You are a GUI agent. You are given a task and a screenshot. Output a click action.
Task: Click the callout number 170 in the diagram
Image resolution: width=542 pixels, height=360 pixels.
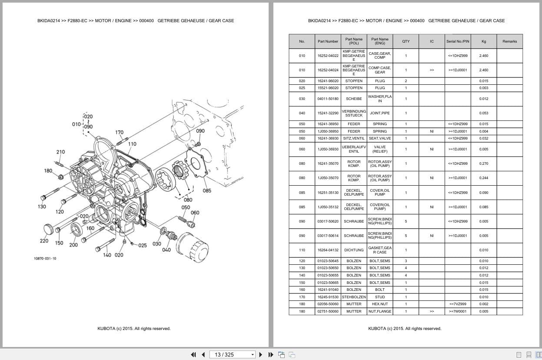[x=119, y=132]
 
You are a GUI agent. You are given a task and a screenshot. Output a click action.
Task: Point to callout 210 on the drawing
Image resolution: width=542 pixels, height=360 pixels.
[x=60, y=152]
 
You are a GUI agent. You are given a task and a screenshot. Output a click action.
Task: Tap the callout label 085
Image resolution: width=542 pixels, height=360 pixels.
[x=207, y=190]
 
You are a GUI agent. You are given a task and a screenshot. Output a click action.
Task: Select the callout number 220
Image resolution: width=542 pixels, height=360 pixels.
[x=44, y=241]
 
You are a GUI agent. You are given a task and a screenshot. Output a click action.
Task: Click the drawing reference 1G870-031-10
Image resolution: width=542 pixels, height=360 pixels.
[x=45, y=258]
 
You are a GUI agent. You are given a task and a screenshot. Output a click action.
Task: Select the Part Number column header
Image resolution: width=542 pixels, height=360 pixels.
[x=328, y=41]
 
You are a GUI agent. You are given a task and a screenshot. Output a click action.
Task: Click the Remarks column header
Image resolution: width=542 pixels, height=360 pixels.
[x=509, y=41]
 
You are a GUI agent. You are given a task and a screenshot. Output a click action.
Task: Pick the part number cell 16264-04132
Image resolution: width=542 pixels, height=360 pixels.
[x=328, y=250]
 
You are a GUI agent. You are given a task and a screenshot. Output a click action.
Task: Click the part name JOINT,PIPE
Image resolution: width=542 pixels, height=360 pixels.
[x=379, y=113]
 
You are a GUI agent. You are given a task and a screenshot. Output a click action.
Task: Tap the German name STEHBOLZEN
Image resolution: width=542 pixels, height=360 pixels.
[x=354, y=297]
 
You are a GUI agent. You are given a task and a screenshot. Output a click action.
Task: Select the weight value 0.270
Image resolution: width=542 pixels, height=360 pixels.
[x=483, y=163]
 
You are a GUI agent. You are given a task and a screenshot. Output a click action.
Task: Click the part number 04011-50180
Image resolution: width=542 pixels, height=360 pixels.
[x=328, y=99]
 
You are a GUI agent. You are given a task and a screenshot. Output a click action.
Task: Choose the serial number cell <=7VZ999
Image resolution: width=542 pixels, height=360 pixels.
[x=457, y=304]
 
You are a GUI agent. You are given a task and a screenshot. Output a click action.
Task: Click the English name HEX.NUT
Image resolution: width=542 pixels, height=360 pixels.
[x=379, y=304]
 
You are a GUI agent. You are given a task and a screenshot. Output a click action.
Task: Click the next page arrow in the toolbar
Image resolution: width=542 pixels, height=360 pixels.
[x=261, y=354]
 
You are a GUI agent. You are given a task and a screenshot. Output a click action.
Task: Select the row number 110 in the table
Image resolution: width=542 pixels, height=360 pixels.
[x=302, y=250]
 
